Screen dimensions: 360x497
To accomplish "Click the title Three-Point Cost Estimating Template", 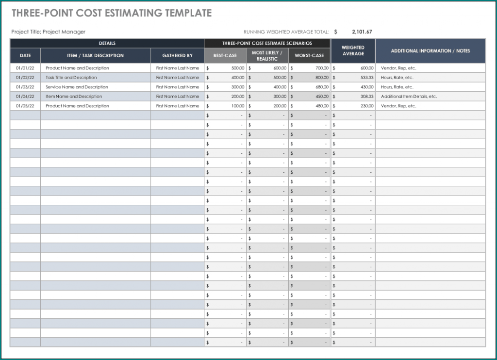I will coord(112,13).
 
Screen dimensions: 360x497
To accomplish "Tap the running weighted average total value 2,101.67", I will coord(362,32).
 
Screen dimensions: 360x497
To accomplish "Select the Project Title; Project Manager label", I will coord(48,32).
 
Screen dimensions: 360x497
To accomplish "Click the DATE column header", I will coord(25,55).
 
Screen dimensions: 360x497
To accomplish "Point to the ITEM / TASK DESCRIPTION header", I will coord(95,55).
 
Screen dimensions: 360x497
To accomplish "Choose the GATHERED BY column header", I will coord(177,55).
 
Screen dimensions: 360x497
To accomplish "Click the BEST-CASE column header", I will coord(225,55).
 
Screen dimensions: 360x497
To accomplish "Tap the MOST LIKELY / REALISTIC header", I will coord(267,55).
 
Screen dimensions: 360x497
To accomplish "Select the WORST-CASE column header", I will coord(309,55).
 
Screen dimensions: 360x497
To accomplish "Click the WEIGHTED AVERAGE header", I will coord(353,50).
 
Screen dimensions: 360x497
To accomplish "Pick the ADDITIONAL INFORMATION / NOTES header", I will coord(430,50).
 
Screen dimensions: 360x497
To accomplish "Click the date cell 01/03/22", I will coord(25,87).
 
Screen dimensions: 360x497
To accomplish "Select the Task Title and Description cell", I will coord(71,78).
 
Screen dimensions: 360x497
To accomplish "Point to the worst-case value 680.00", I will coord(321,87).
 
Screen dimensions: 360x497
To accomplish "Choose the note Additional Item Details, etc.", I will coord(409,97).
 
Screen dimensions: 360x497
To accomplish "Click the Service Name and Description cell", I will coord(77,87).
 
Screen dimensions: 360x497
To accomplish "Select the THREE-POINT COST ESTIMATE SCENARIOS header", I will coord(267,43).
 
